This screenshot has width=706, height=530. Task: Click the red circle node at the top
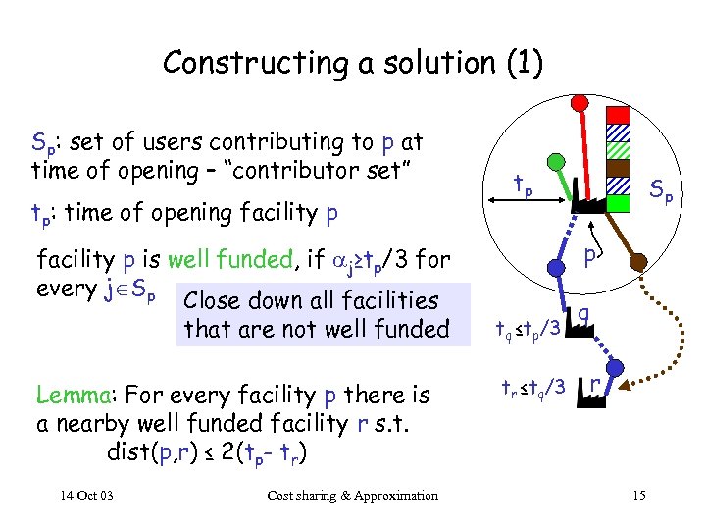580,101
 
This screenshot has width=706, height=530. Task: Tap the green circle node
555,161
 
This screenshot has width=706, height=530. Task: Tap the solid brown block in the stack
618,168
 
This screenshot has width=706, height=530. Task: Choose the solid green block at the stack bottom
618,203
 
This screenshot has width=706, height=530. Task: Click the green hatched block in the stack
618,150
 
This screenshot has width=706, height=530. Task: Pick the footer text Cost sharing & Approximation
352,496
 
